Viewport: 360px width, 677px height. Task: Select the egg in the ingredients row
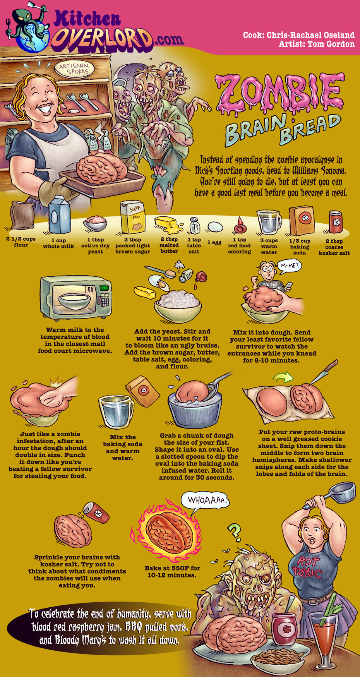click(x=215, y=226)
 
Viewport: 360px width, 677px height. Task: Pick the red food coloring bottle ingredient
click(x=240, y=225)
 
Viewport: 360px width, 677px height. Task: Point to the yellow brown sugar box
click(x=132, y=217)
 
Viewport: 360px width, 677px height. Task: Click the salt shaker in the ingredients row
click(x=195, y=225)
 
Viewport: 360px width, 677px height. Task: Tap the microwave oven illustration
click(x=76, y=297)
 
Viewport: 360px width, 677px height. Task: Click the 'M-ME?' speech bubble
click(x=289, y=266)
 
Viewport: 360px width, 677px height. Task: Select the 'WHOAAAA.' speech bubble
click(x=205, y=500)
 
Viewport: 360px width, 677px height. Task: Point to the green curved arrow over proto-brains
click(x=283, y=376)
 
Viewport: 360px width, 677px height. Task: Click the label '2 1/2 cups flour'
click(x=21, y=242)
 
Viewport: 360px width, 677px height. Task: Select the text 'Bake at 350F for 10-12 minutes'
click(x=172, y=572)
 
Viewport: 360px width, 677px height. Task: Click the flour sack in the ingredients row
click(x=22, y=216)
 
